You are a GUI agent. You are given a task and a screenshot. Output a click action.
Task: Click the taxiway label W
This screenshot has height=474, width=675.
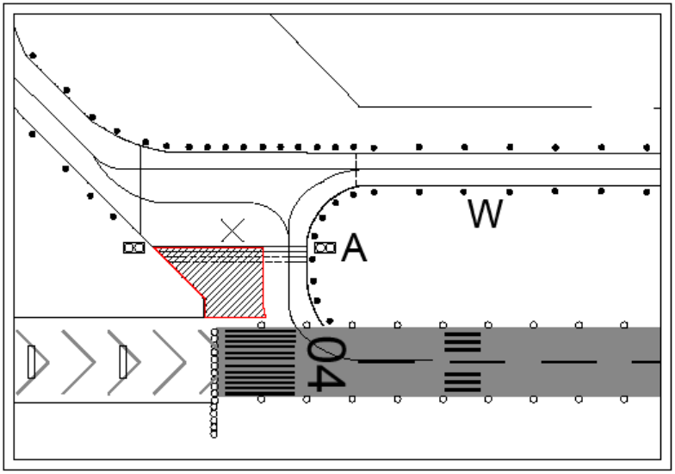click(x=486, y=213)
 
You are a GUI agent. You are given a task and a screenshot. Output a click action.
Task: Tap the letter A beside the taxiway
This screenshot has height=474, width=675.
click(x=354, y=248)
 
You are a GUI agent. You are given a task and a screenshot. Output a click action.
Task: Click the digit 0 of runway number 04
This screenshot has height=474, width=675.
click(x=326, y=350)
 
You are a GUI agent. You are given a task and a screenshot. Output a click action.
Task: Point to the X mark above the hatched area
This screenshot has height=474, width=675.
click(x=232, y=229)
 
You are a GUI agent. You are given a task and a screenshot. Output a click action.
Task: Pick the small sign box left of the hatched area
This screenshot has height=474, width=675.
click(x=133, y=248)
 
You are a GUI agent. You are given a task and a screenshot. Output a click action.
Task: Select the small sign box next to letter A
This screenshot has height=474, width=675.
click(x=324, y=248)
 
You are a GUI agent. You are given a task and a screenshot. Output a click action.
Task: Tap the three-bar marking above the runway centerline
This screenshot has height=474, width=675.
click(x=462, y=342)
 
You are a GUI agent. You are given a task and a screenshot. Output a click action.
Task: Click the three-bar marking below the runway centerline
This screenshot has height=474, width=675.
click(x=462, y=381)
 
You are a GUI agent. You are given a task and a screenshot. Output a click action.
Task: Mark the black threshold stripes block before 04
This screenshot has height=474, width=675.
click(x=258, y=362)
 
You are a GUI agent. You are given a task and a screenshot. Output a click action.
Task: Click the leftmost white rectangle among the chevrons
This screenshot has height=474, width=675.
click(x=32, y=362)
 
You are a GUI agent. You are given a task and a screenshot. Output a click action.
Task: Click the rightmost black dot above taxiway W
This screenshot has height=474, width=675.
click(x=648, y=147)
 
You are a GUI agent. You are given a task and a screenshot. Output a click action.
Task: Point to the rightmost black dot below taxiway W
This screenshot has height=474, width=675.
click(x=648, y=190)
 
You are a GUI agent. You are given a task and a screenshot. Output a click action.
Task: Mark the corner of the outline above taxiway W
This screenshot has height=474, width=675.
click(x=359, y=107)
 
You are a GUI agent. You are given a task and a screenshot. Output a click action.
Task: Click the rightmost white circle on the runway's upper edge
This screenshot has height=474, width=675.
click(x=624, y=325)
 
